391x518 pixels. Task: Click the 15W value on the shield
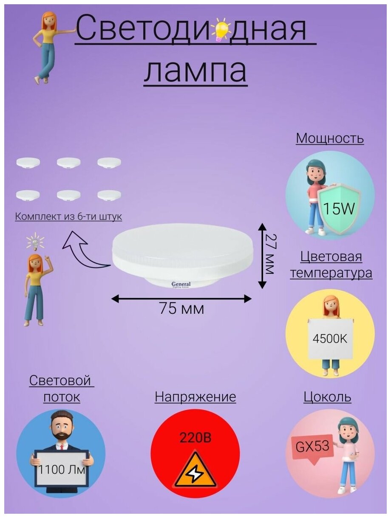339,208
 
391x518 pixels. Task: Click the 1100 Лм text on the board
61,470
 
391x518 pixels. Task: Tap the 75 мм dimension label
181,309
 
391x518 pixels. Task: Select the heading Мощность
330,138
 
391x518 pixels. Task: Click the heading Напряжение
195,397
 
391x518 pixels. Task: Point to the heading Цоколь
327,397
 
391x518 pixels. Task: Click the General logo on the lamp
181,285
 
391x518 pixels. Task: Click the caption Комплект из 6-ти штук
68,217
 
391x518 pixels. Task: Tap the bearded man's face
61,426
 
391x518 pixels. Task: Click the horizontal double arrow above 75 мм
181,299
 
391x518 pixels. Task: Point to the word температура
331,273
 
